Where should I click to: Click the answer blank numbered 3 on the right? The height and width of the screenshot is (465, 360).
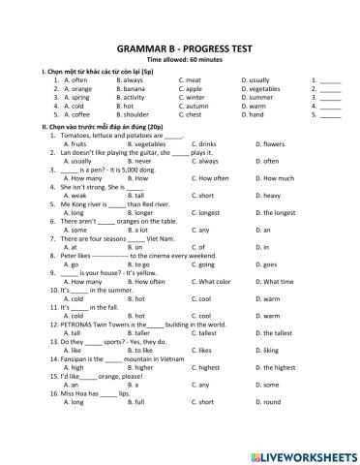[330, 98]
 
